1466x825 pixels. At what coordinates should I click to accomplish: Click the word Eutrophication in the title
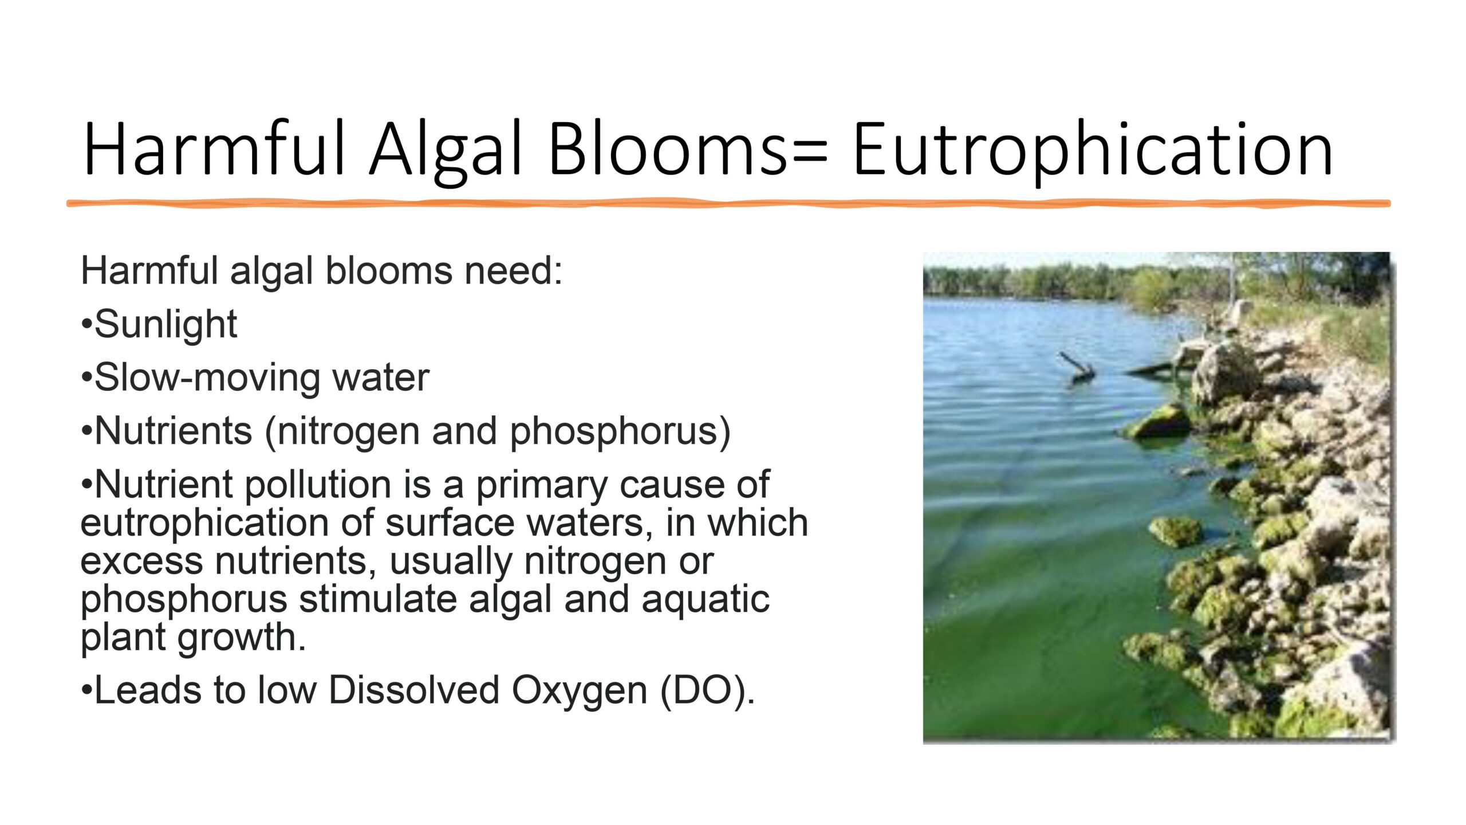(1093, 150)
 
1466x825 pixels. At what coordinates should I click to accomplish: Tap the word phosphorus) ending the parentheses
(620, 432)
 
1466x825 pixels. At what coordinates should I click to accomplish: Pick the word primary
(542, 486)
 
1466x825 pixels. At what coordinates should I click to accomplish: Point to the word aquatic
(706, 600)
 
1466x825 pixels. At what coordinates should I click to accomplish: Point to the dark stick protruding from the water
(1077, 367)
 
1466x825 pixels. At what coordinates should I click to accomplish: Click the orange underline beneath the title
(728, 203)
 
